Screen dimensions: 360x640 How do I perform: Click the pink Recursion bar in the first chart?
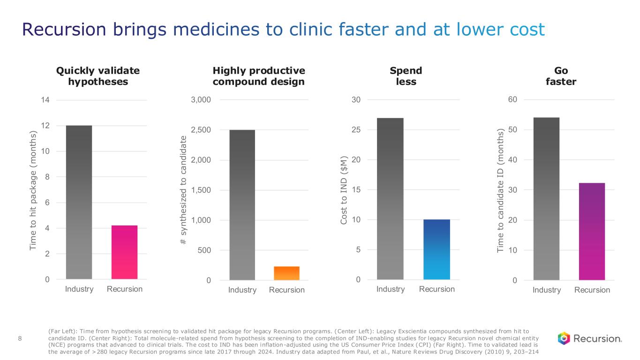point(124,252)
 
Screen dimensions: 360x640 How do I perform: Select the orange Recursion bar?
point(286,273)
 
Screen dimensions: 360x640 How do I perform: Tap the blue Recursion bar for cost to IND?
point(437,249)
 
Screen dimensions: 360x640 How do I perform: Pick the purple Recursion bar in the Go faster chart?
point(592,232)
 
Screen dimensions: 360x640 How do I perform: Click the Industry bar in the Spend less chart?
point(390,199)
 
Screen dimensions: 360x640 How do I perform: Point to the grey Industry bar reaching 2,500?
point(242,205)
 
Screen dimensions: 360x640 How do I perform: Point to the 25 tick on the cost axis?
point(356,130)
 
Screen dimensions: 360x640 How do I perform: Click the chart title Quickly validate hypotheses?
point(98,76)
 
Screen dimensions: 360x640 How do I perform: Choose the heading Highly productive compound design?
point(259,76)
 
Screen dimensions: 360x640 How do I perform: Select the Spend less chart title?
point(406,76)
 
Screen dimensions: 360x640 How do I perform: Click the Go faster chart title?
point(561,76)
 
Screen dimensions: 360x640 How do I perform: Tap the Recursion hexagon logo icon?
point(564,338)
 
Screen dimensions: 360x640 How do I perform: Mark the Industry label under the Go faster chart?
point(547,290)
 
